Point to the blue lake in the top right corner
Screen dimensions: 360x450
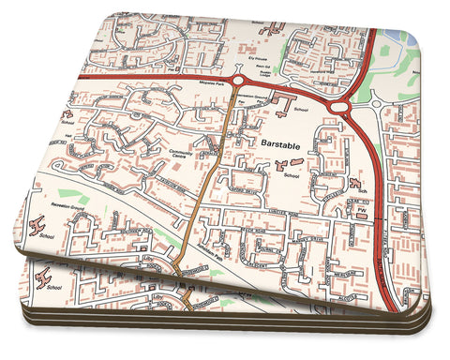[411, 37]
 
